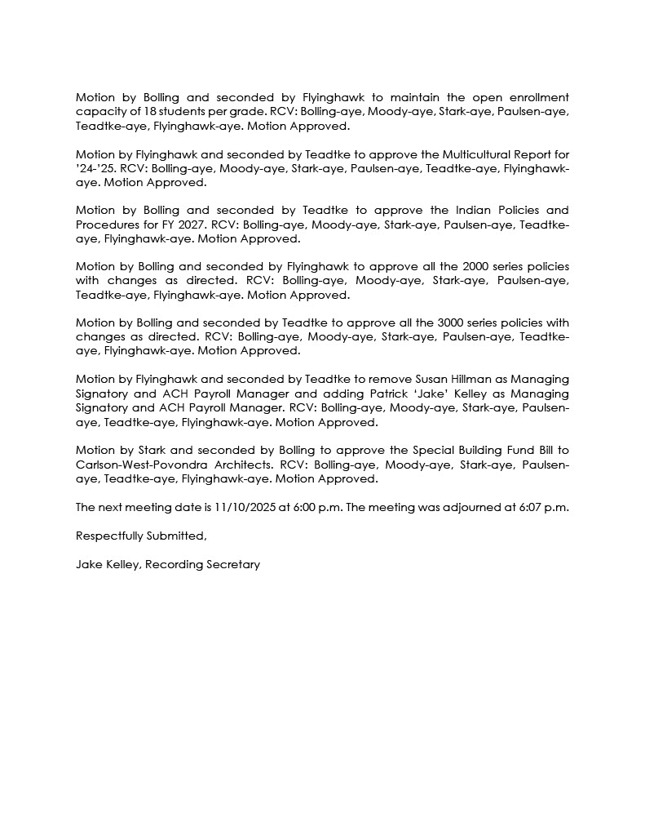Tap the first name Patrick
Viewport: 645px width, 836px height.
click(x=400, y=394)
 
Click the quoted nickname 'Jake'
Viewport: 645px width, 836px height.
click(x=440, y=394)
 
